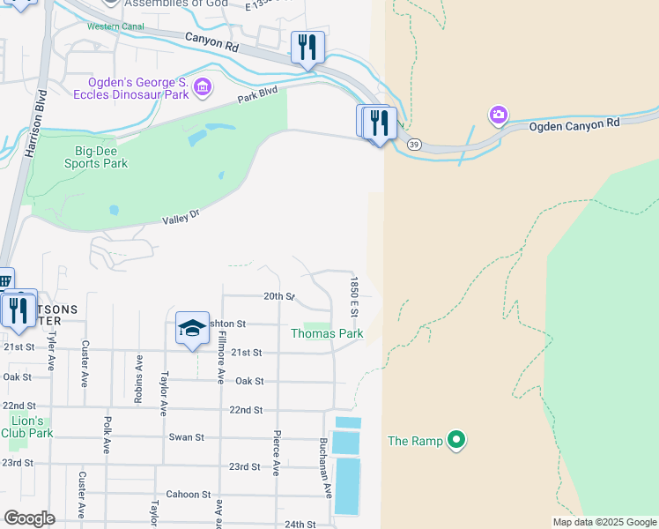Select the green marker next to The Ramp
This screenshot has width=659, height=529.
point(455,439)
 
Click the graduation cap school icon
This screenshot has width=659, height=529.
point(193,328)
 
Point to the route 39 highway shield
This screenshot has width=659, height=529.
point(414,144)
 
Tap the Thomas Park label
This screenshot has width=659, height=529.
point(327,334)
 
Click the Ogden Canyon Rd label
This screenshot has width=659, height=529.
point(574,125)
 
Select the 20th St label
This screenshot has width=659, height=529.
point(278,296)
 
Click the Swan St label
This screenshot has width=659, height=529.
point(186,436)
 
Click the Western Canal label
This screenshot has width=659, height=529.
point(115,26)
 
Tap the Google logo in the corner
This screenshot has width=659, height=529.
point(29,518)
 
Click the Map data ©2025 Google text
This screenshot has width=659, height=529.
point(603,522)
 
